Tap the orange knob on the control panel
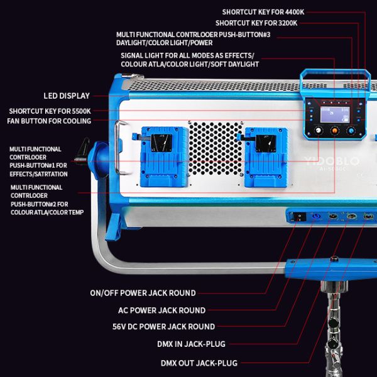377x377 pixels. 334,131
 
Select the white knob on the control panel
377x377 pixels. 317,131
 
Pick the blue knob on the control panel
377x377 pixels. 351,131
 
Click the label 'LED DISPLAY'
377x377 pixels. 67,96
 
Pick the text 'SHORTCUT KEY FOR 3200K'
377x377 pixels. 265,23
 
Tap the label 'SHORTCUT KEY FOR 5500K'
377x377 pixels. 50,111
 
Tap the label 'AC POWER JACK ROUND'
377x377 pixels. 161,310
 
